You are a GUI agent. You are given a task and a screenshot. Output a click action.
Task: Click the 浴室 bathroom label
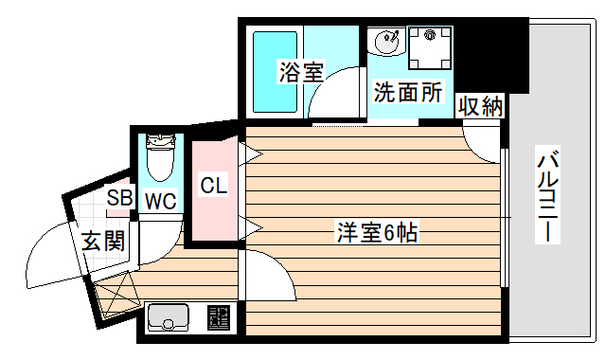coord(302,71)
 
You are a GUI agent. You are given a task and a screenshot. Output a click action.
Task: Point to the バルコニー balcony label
coord(546,194)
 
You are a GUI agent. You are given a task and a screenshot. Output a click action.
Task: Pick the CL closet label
coord(213,186)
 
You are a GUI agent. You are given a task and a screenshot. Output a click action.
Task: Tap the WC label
coord(160,201)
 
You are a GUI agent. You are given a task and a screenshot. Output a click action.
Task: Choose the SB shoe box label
coord(119,198)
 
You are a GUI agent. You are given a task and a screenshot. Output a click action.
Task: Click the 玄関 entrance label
coord(102,241)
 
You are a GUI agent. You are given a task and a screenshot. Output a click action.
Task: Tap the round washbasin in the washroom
coord(387,43)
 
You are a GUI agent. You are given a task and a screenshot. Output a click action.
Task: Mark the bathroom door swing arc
coord(336,99)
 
